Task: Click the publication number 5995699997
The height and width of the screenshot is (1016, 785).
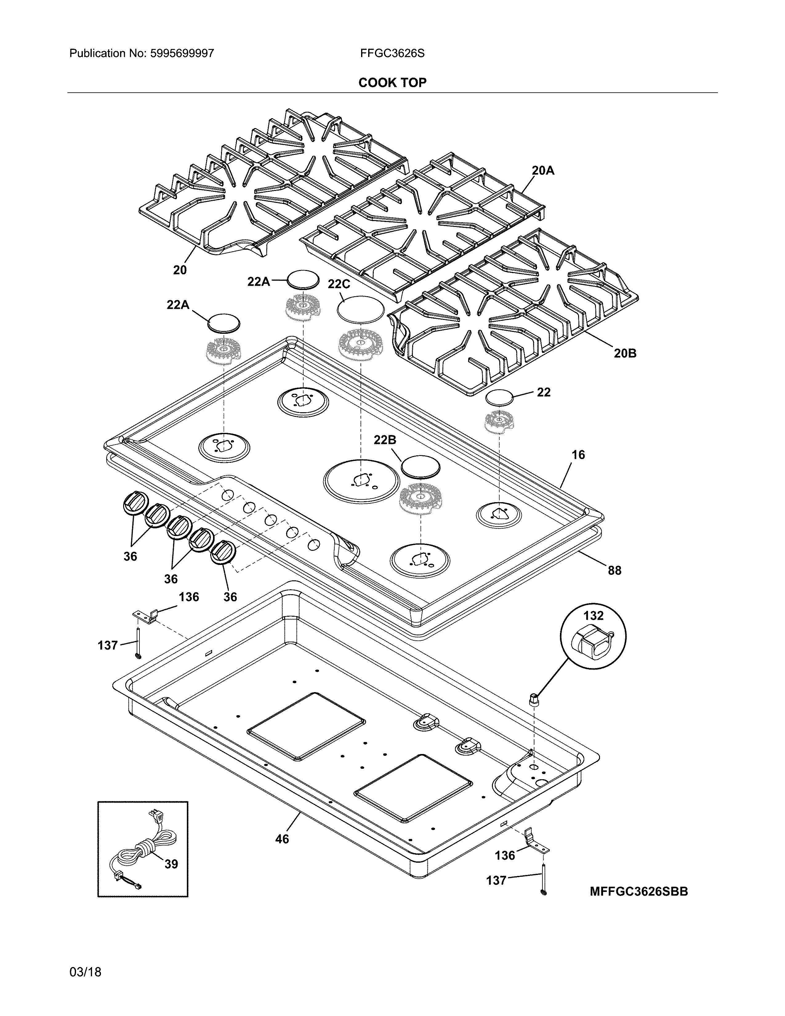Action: tap(182, 54)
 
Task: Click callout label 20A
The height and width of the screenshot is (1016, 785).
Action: tap(543, 171)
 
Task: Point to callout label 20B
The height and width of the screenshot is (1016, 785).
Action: tap(625, 353)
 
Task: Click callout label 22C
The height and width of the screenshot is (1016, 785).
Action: tap(339, 284)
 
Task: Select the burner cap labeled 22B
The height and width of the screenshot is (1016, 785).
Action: tap(420, 467)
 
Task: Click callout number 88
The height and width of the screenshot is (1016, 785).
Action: tap(614, 570)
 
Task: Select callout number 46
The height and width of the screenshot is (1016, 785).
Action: tap(282, 839)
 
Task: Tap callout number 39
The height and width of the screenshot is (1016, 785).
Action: tap(171, 864)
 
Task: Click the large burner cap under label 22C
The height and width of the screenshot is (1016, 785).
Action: tap(361, 308)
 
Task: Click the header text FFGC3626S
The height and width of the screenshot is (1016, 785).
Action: tap(392, 54)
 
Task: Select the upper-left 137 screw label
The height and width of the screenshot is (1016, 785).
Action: tap(107, 645)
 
